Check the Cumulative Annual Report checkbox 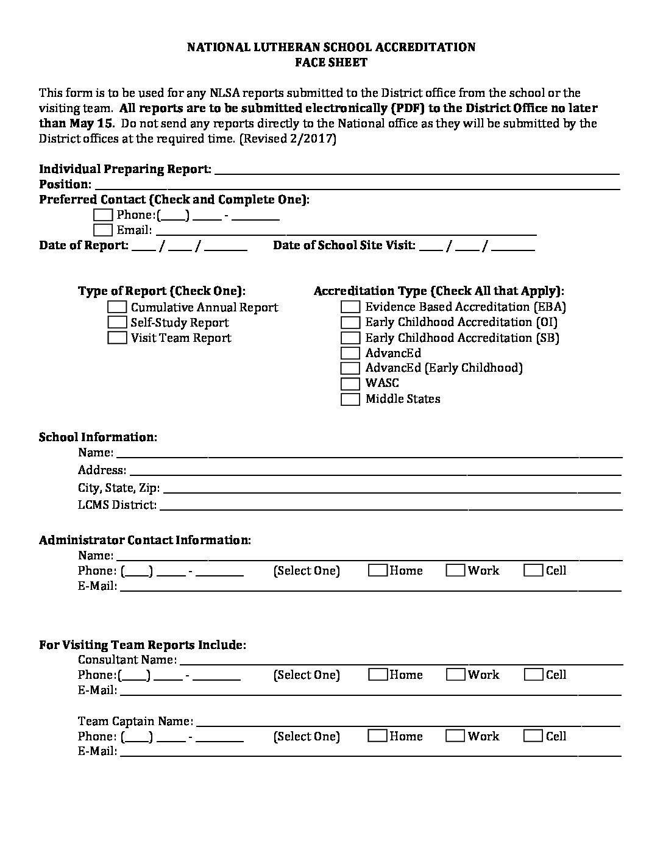118,307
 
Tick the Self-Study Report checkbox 118,322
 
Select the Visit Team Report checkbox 118,338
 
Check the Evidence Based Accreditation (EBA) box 350,307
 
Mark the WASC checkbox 350,383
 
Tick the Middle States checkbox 350,399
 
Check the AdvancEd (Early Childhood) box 350,368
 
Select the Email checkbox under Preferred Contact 104,230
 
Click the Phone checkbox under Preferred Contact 104,214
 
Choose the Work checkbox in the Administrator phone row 455,570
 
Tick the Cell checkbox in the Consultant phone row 533,675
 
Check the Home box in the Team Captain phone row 378,736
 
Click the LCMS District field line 390,506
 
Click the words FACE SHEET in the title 331,62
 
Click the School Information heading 98,437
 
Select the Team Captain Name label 135,721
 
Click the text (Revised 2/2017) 288,138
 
